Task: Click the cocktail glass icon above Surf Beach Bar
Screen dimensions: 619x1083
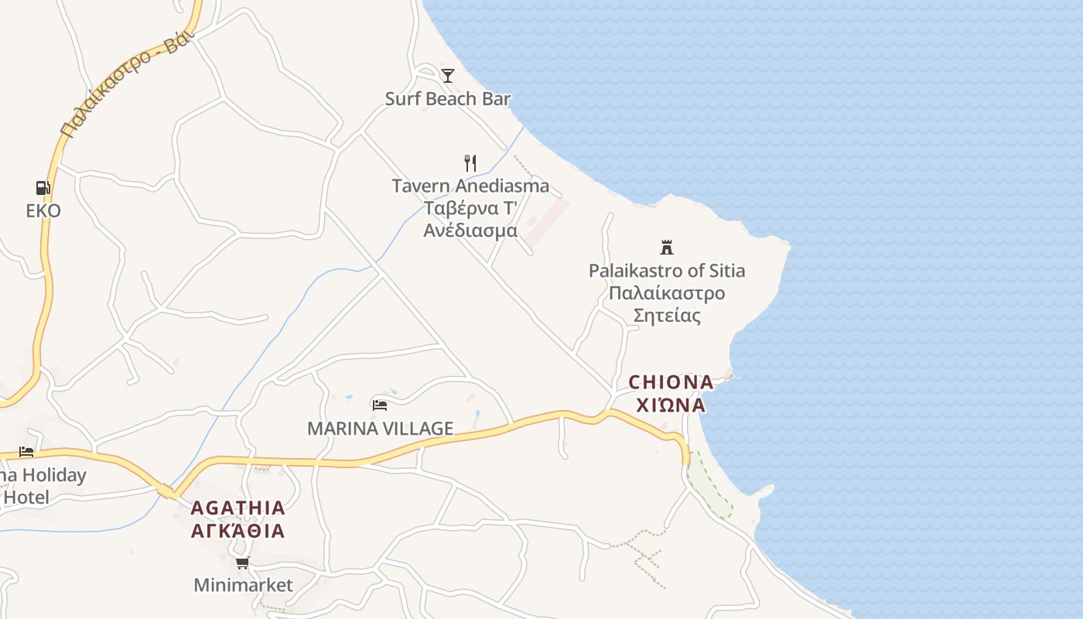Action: click(x=448, y=75)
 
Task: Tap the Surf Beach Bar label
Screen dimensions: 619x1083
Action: click(x=448, y=99)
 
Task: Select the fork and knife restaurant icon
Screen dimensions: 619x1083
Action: click(x=470, y=162)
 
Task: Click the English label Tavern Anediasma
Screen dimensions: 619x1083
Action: click(x=470, y=186)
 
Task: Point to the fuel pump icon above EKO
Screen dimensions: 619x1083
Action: click(x=43, y=187)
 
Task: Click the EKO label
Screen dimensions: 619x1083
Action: click(x=43, y=210)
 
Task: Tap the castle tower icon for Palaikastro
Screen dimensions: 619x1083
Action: click(x=666, y=247)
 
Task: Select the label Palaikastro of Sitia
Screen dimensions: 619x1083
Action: click(x=667, y=271)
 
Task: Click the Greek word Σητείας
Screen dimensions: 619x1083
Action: click(x=667, y=316)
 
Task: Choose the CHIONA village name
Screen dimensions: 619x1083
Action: click(x=671, y=382)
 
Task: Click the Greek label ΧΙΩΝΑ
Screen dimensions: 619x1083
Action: click(x=671, y=405)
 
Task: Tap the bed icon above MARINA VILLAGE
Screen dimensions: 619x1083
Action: click(x=379, y=404)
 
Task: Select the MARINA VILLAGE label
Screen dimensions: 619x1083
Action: click(x=380, y=428)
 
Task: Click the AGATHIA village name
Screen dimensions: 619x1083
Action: click(x=238, y=508)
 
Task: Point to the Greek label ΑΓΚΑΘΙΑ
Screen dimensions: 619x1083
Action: click(x=238, y=531)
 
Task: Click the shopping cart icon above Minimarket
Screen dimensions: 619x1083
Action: click(x=243, y=563)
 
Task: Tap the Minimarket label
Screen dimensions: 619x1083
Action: click(x=243, y=585)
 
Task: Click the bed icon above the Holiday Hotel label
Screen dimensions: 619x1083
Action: click(x=26, y=452)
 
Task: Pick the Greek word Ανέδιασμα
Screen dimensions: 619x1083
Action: click(x=470, y=231)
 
